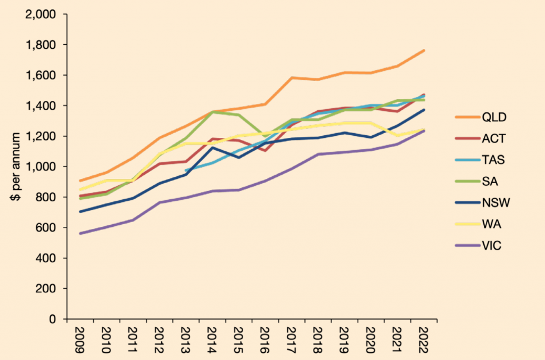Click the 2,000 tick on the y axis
point(41,14)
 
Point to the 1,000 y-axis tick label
point(41,167)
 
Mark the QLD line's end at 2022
point(424,51)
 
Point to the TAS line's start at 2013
point(185,170)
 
